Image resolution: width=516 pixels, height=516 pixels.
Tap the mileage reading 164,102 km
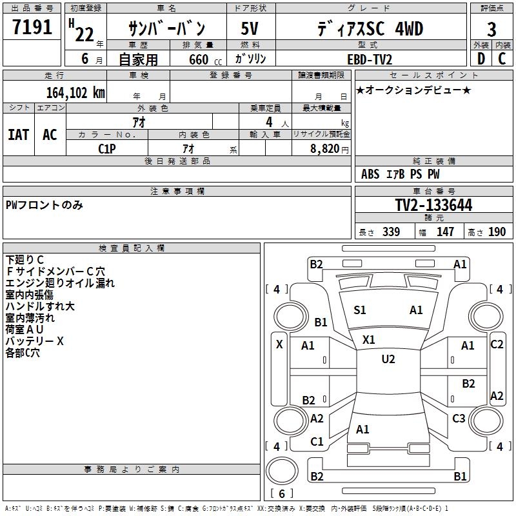coord(75,92)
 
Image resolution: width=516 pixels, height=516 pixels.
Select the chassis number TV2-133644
coord(433,205)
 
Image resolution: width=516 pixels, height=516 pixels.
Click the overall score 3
coord(491,30)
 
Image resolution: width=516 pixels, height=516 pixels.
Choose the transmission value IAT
coord(19,135)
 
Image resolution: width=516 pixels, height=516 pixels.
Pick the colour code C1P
coord(107,148)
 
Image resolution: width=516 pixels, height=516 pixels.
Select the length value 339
coord(391,232)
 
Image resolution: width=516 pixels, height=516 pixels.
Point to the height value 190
coord(497,232)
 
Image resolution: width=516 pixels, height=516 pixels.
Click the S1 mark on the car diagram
coord(360,310)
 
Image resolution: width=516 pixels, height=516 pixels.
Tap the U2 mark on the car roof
coord(388,359)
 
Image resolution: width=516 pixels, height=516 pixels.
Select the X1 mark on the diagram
coord(369,339)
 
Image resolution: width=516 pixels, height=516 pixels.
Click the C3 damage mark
coord(459,419)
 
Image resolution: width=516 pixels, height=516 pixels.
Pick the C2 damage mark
coord(497,344)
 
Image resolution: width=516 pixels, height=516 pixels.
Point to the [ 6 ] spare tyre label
coord(281,493)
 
